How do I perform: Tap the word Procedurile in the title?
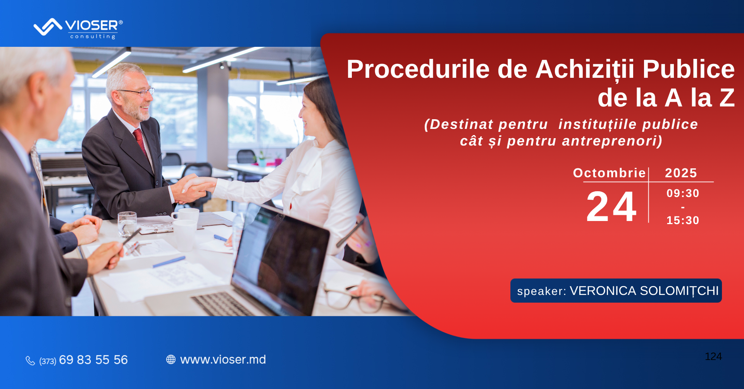click(x=418, y=69)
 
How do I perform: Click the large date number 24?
click(x=611, y=207)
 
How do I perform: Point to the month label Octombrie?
click(x=610, y=173)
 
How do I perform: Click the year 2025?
click(x=681, y=173)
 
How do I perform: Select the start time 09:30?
click(x=683, y=193)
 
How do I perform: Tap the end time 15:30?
click(x=683, y=220)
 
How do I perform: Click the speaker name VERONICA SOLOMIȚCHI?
click(x=644, y=291)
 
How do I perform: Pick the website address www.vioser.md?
click(x=223, y=360)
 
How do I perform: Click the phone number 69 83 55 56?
click(x=93, y=360)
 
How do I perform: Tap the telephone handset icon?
click(x=30, y=361)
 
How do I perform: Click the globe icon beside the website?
click(x=171, y=360)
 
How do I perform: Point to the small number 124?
click(x=713, y=356)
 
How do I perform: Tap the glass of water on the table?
click(x=127, y=224)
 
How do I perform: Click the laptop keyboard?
click(x=222, y=304)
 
